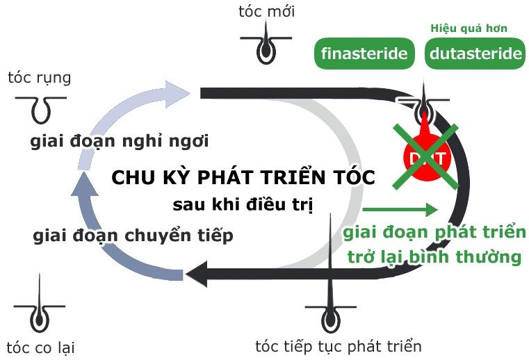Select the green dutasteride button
pos(474,54)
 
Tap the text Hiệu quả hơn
pos(468,28)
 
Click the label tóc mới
pos(266,11)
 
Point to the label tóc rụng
pos(39,77)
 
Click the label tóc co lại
pos(40,347)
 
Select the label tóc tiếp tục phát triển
pos(339,345)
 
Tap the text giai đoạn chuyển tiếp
pos(133,236)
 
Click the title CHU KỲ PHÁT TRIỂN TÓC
pos(243,177)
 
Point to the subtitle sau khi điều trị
pos(243,205)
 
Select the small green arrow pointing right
pos(400,209)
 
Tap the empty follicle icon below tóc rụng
pos(40,106)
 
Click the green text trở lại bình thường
pos(434,256)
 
